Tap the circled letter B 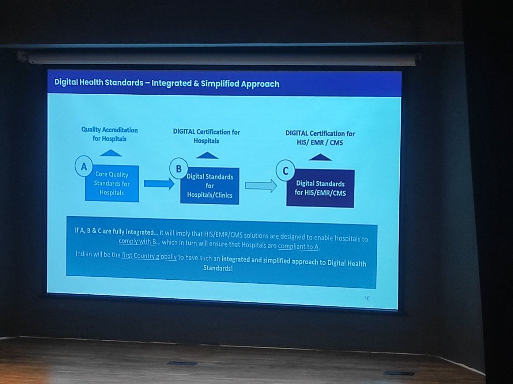[x=178, y=168]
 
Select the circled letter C [x=285, y=171]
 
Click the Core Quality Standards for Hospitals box [x=112, y=184]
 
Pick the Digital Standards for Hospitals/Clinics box [x=210, y=186]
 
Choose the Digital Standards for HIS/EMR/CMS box [x=320, y=188]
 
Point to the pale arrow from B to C [x=261, y=186]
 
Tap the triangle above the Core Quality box [x=111, y=153]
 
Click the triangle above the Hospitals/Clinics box [x=207, y=155]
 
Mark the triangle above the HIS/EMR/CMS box [x=320, y=157]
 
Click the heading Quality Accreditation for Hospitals [x=110, y=134]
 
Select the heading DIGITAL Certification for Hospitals [x=206, y=136]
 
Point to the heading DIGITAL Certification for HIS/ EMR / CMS [x=320, y=138]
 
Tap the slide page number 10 [x=367, y=299]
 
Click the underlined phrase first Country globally [x=149, y=255]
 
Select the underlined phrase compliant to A [x=299, y=247]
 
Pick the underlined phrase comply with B [x=137, y=241]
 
